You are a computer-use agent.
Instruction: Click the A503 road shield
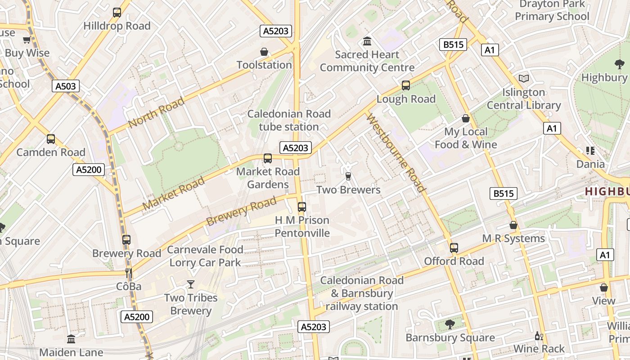(66, 86)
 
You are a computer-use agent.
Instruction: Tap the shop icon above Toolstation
(264, 52)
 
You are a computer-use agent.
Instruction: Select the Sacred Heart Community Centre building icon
(367, 42)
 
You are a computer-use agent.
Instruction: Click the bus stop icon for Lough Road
(406, 85)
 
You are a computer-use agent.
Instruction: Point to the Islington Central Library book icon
(523, 79)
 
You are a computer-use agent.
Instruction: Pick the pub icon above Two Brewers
(348, 176)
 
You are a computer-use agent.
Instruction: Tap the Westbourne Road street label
(396, 153)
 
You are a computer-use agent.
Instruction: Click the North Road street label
(156, 112)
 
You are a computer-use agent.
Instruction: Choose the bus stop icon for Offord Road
(454, 248)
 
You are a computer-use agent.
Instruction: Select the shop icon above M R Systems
(513, 225)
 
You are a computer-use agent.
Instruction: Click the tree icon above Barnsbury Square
(449, 324)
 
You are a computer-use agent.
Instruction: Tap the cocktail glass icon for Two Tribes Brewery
(191, 284)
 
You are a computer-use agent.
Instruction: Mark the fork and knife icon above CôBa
(129, 273)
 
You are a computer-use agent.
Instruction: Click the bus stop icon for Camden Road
(51, 139)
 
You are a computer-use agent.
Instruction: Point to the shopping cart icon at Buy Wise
(27, 40)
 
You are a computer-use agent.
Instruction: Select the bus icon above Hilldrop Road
(117, 13)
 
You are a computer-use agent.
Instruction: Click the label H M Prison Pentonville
(302, 227)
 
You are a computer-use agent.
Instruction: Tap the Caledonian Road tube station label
(289, 120)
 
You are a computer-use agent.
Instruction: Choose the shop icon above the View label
(603, 288)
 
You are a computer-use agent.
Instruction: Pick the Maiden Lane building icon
(71, 339)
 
